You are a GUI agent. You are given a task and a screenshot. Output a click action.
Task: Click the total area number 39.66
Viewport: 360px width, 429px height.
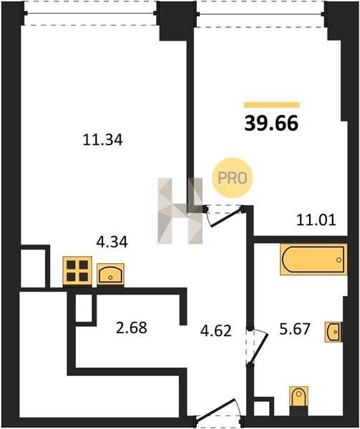(x=271, y=124)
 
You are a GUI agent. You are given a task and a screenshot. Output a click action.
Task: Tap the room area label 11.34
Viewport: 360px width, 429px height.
(x=102, y=140)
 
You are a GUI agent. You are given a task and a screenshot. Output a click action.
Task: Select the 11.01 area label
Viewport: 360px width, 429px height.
(x=316, y=220)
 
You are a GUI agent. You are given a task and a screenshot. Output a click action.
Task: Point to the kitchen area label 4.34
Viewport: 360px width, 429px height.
(x=112, y=242)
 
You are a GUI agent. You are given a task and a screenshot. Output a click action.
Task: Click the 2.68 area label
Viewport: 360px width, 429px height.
(x=132, y=327)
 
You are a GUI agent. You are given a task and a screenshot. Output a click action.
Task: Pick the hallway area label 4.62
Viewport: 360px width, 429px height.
(x=215, y=330)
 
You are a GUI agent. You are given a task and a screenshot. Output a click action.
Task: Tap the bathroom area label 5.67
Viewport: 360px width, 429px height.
(x=295, y=329)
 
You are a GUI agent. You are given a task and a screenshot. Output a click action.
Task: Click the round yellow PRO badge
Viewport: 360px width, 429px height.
(x=232, y=178)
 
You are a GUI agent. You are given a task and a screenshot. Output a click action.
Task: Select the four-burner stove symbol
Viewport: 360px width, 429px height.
(x=77, y=271)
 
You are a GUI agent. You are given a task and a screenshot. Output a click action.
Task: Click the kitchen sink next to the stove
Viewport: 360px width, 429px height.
(x=110, y=275)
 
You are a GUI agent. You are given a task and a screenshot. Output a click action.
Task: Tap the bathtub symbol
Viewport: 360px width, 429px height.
(x=313, y=260)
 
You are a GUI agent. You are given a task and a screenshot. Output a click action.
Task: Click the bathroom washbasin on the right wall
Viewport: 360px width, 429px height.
(x=334, y=332)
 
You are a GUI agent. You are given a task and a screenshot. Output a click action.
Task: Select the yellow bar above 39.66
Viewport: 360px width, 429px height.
(x=271, y=105)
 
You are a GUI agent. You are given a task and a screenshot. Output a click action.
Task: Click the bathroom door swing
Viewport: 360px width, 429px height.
(x=258, y=347)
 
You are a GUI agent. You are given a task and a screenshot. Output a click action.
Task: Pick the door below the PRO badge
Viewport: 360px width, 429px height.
(x=223, y=216)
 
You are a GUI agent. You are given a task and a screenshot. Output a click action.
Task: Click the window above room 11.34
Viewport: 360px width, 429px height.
(x=89, y=13)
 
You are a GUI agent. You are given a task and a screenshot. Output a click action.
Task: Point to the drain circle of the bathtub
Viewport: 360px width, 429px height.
(x=339, y=260)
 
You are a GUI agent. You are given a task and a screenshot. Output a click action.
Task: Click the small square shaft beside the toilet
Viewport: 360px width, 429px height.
(x=263, y=408)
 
